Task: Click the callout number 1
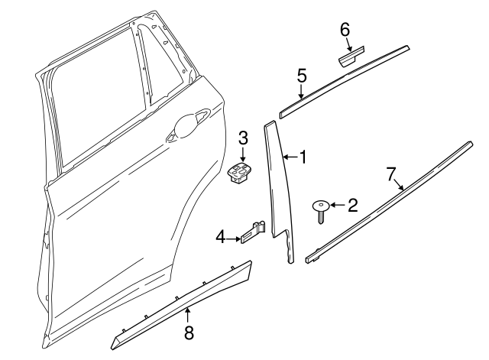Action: point(303,157)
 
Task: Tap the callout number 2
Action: point(352,205)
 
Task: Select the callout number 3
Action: point(243,138)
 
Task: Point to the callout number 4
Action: point(220,238)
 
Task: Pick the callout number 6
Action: point(345,30)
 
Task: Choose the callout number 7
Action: point(391,174)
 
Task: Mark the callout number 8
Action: point(188,332)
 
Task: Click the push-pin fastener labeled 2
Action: point(321,209)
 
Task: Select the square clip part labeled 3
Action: point(241,174)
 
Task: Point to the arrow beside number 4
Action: point(233,238)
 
